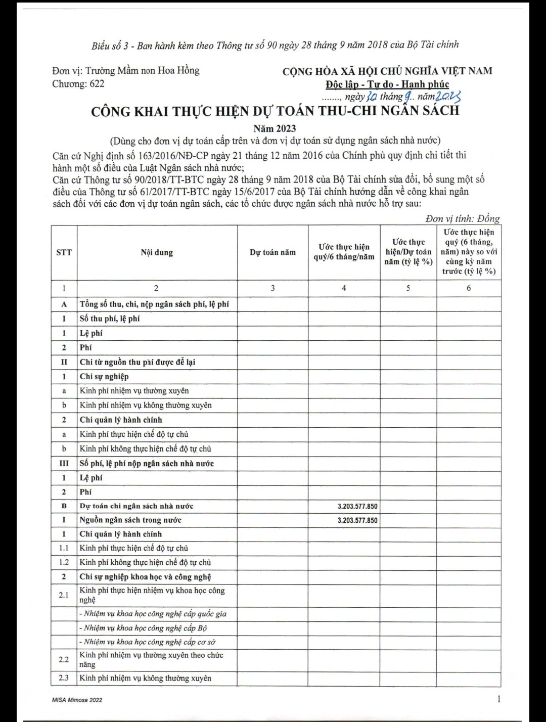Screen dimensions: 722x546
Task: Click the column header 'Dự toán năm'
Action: pyautogui.click(x=272, y=252)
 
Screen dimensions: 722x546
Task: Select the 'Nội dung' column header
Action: pyautogui.click(x=157, y=252)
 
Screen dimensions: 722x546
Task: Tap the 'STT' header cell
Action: pyautogui.click(x=64, y=252)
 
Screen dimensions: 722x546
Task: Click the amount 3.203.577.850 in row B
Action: pyautogui.click(x=357, y=506)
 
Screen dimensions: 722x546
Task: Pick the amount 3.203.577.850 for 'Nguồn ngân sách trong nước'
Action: pyautogui.click(x=357, y=520)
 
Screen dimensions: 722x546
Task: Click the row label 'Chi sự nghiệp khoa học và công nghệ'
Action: pyautogui.click(x=145, y=577)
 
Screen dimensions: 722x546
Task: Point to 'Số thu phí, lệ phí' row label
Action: pyautogui.click(x=110, y=319)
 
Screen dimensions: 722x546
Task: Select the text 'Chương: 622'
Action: pyautogui.click(x=78, y=84)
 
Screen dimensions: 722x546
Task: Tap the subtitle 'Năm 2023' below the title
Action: pyautogui.click(x=275, y=128)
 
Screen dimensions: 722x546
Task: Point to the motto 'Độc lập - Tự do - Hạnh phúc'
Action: pyautogui.click(x=387, y=84)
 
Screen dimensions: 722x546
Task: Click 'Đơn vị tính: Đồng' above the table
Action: pyautogui.click(x=462, y=218)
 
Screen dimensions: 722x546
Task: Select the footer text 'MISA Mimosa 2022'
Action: pyautogui.click(x=77, y=700)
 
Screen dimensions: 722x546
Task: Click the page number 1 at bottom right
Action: pyautogui.click(x=498, y=699)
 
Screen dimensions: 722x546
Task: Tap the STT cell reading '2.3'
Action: pyautogui.click(x=64, y=678)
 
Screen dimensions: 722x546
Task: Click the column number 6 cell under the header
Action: pyautogui.click(x=469, y=288)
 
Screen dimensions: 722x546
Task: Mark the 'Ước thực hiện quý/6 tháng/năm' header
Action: pyautogui.click(x=344, y=252)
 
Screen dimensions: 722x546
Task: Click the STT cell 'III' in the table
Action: pyautogui.click(x=64, y=463)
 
